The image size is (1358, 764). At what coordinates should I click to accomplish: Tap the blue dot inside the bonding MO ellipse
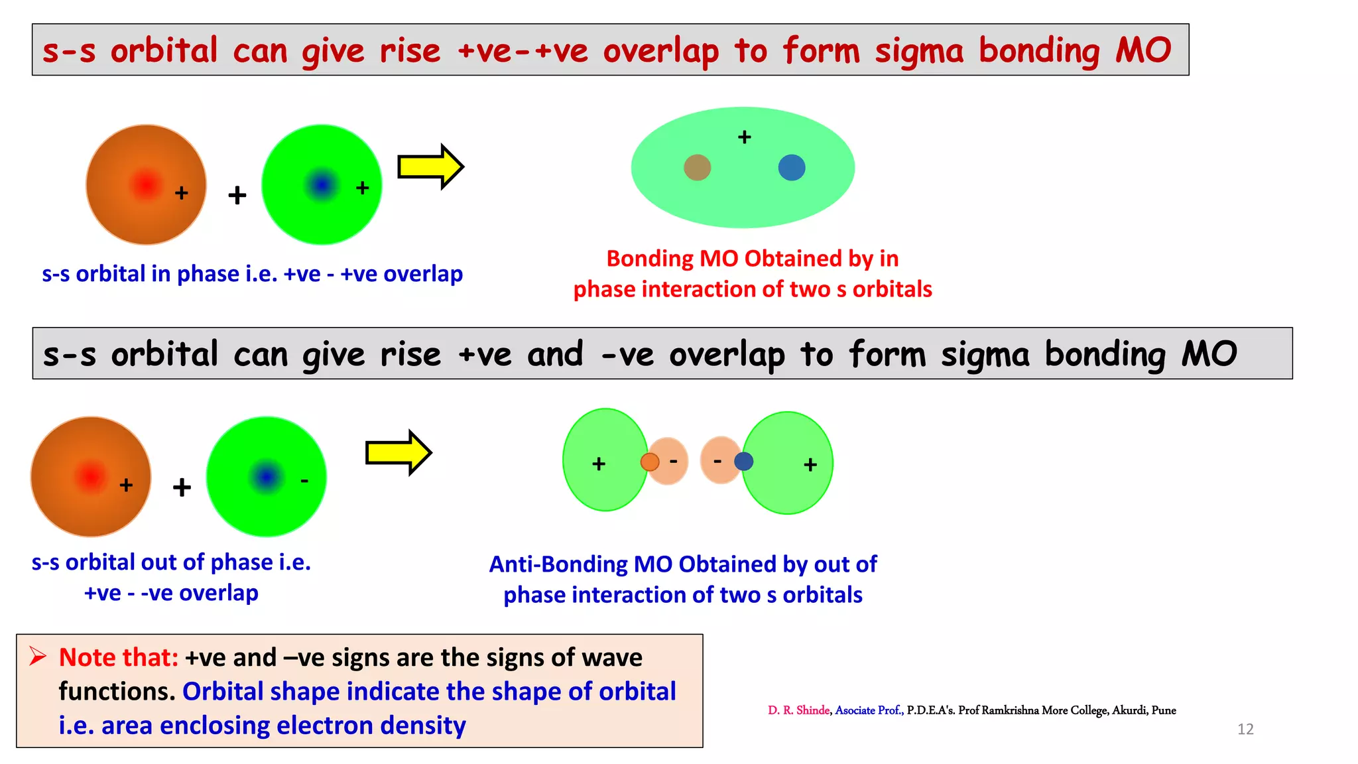pyautogui.click(x=791, y=168)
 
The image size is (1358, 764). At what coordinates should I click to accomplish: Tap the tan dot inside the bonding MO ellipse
pyautogui.click(x=697, y=168)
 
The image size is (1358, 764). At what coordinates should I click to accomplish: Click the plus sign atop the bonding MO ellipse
pyautogui.click(x=744, y=137)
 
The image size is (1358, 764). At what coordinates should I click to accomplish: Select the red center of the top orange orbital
pyautogui.click(x=146, y=184)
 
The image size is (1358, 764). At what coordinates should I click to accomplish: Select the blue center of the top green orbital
pyautogui.click(x=322, y=184)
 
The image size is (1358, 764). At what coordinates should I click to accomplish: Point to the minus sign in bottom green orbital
pyautogui.click(x=304, y=480)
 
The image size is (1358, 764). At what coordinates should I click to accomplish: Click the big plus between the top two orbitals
pyautogui.click(x=237, y=195)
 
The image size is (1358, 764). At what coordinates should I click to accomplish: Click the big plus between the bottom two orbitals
pyautogui.click(x=182, y=487)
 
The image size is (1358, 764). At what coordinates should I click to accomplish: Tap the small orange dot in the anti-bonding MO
pyautogui.click(x=650, y=462)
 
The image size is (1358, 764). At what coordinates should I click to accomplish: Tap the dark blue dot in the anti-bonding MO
pyautogui.click(x=743, y=461)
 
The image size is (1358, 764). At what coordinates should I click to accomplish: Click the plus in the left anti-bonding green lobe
pyautogui.click(x=599, y=464)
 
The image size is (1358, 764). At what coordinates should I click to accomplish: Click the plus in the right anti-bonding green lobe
pyautogui.click(x=810, y=465)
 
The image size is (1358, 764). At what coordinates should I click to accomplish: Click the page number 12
pyautogui.click(x=1245, y=729)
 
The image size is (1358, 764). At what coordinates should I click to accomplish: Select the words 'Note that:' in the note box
pyautogui.click(x=118, y=657)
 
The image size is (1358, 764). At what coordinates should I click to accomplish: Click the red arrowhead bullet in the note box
pyautogui.click(x=37, y=657)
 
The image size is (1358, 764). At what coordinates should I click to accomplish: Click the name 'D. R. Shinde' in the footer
pyautogui.click(x=798, y=710)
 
